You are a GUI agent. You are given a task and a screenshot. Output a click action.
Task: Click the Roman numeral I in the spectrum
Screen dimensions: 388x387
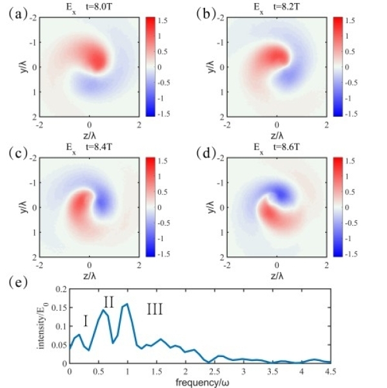pos(85,320)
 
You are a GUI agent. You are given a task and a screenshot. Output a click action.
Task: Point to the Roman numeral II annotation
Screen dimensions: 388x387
pos(108,300)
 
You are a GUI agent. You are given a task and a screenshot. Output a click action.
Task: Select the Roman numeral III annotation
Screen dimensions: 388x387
pos(155,310)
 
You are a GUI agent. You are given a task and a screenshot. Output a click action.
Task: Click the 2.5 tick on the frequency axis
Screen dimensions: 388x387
pos(214,372)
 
